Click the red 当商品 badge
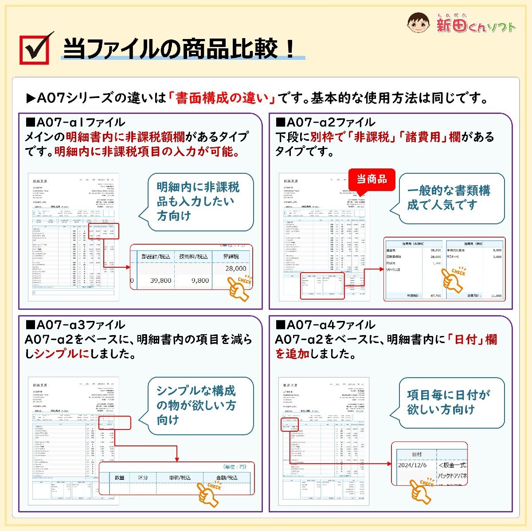click(372, 179)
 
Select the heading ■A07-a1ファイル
click(75, 122)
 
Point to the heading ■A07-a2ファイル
click(325, 122)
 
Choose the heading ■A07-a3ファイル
click(75, 325)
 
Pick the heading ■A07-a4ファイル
click(325, 325)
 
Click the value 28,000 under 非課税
click(235, 268)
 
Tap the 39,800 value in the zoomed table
click(160, 281)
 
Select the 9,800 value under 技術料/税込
click(200, 281)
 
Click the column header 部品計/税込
click(156, 256)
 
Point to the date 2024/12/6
click(412, 465)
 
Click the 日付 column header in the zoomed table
click(417, 454)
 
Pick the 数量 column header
click(120, 477)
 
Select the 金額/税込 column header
click(227, 477)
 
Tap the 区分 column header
click(143, 477)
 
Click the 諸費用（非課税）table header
click(413, 244)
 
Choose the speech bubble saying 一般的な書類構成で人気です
click(449, 198)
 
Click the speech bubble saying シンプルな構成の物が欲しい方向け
click(196, 405)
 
